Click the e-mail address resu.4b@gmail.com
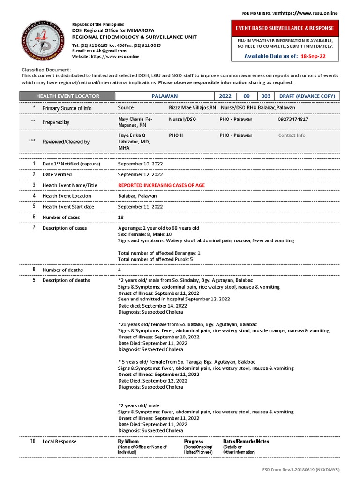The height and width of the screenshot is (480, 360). pyautogui.click(x=100, y=50)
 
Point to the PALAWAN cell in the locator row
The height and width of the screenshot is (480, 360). pyautogui.click(x=165, y=96)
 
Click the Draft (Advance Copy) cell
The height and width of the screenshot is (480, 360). pyautogui.click(x=307, y=96)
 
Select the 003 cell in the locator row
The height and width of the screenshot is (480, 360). pyautogui.click(x=266, y=96)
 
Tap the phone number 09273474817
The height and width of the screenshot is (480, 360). pyautogui.click(x=293, y=119)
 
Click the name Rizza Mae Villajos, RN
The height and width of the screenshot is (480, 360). pyautogui.click(x=192, y=108)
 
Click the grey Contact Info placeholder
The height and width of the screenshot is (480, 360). pyautogui.click(x=292, y=135)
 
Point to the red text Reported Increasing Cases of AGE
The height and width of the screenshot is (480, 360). pyautogui.click(x=161, y=185)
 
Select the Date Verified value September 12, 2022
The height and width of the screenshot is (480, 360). pyautogui.click(x=140, y=174)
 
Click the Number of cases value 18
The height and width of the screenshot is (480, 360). pyautogui.click(x=121, y=217)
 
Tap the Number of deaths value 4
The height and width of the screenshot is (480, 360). pyautogui.click(x=120, y=270)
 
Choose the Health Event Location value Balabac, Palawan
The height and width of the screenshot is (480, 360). pyautogui.click(x=137, y=196)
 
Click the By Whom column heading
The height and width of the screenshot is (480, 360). pyautogui.click(x=128, y=441)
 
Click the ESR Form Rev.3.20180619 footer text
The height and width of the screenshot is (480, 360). pyautogui.click(x=300, y=469)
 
